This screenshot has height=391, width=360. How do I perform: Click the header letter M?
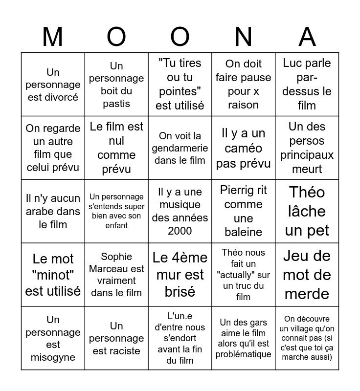53,37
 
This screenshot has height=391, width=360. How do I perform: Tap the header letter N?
244,37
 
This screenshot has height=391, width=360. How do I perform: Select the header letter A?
307,37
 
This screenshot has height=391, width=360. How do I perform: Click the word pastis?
116,104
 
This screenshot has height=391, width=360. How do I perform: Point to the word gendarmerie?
180,148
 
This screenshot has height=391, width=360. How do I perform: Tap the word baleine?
244,232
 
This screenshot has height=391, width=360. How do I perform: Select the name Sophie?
116,257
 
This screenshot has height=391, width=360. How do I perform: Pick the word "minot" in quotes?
53,275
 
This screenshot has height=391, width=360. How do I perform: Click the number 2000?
180,231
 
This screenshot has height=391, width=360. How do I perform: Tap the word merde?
307,294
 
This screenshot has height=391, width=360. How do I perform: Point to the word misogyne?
53,357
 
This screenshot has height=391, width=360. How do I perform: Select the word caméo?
244,148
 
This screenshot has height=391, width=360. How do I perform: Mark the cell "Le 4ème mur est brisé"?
180,275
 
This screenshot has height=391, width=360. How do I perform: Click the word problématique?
244,354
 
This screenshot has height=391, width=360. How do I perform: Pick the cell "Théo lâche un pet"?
307,211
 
